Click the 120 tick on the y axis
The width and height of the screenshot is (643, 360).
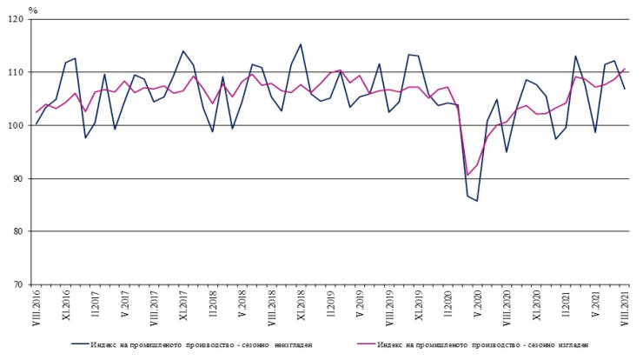[x=17, y=19]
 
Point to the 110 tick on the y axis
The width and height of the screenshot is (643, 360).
[x=17, y=72]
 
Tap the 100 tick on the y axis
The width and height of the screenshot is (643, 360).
[x=17, y=125]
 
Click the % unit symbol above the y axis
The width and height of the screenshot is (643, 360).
[x=33, y=10]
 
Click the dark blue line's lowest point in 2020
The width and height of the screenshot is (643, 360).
[x=477, y=201]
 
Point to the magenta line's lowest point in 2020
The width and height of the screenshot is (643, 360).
[x=467, y=176]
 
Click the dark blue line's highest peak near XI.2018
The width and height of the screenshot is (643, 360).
[x=301, y=44]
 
